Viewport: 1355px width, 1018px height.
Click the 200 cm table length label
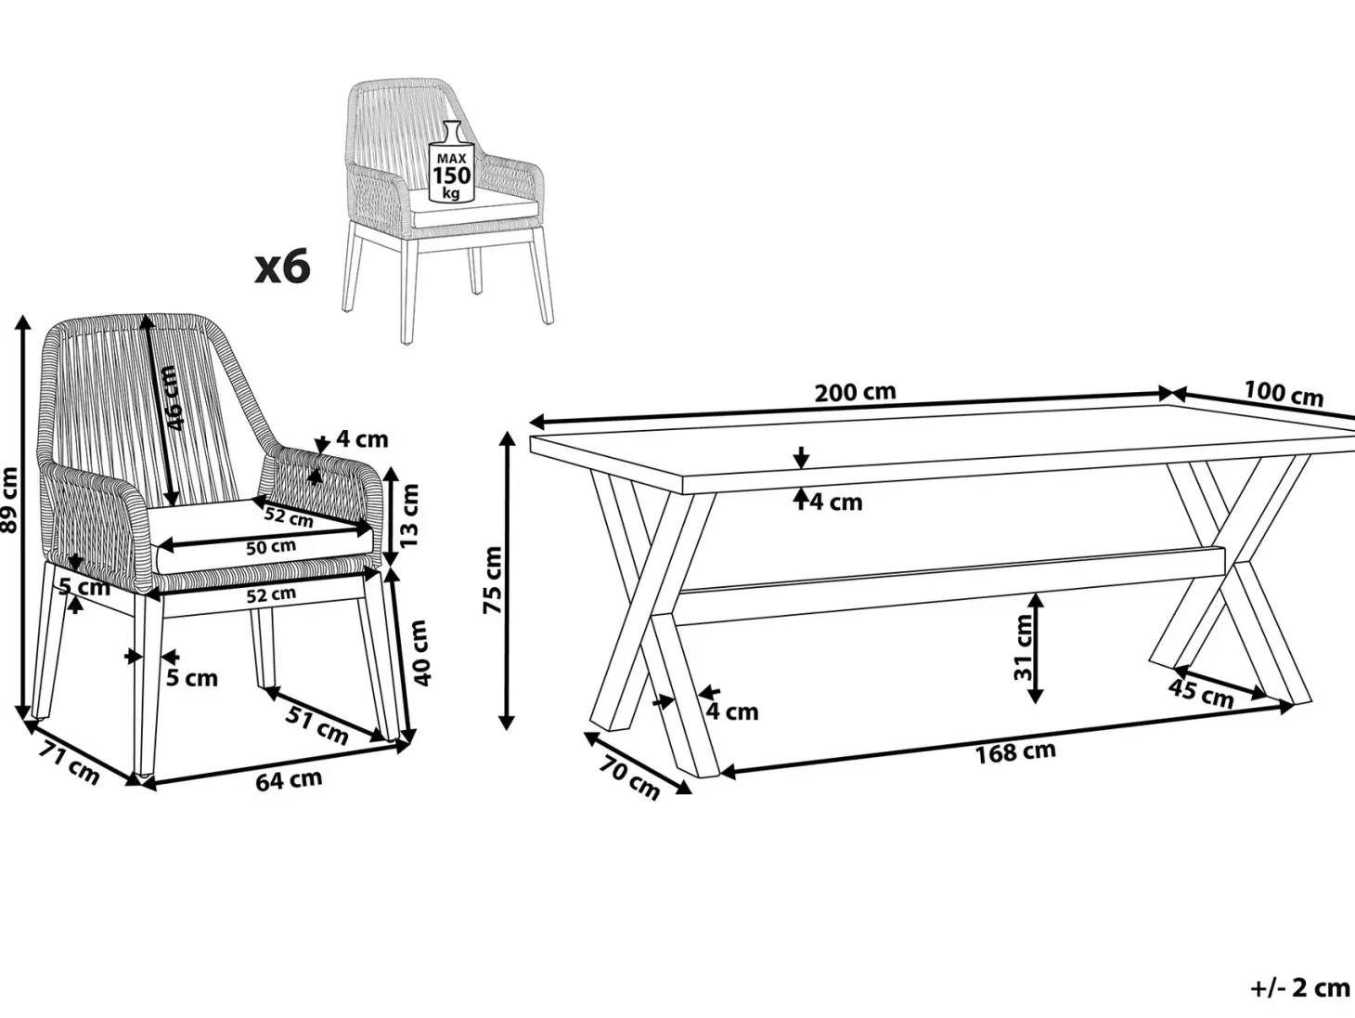pos(855,393)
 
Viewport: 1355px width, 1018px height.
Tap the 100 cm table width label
pos(1284,394)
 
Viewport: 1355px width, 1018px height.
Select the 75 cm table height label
pos(493,580)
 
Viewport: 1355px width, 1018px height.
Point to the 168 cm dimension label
pos(1015,752)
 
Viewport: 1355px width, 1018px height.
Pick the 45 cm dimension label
pos(1201,693)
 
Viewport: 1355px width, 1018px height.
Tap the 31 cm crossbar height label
pos(1023,647)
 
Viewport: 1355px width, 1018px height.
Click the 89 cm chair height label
pos(9,500)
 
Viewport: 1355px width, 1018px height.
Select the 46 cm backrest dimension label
pos(173,398)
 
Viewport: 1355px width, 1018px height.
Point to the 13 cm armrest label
pos(409,516)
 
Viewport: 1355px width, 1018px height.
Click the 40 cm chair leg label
pos(421,653)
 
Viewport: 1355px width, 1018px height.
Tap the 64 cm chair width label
pos(289,779)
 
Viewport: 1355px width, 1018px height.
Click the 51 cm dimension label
pos(317,725)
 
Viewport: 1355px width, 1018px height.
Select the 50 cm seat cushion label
pos(271,547)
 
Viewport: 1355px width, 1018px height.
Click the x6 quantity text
pos(283,267)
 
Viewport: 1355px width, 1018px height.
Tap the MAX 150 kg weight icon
pos(452,162)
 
